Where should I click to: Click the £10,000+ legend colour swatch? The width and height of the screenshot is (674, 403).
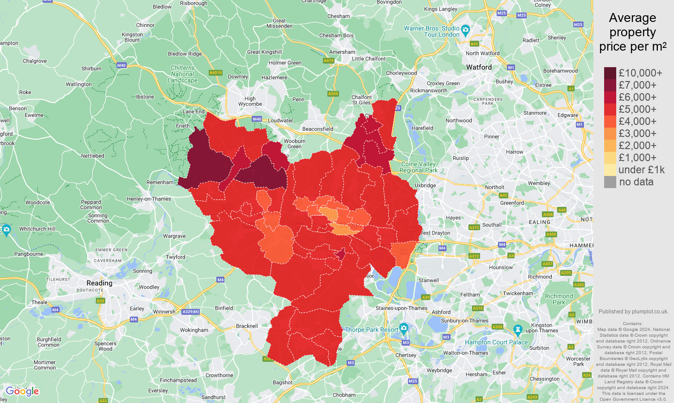pyautogui.click(x=610, y=73)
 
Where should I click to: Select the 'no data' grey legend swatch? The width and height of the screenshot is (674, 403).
pyautogui.click(x=610, y=182)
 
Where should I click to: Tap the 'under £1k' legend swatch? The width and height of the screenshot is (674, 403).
pyautogui.click(x=610, y=170)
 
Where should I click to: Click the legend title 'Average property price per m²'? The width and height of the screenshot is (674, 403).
pyautogui.click(x=632, y=32)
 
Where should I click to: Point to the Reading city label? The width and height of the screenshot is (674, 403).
pyautogui.click(x=99, y=283)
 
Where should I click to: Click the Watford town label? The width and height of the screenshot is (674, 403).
pyautogui.click(x=479, y=67)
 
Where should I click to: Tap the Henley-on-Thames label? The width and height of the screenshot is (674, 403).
pyautogui.click(x=149, y=199)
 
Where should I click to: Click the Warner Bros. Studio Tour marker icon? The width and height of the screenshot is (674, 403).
pyautogui.click(x=465, y=30)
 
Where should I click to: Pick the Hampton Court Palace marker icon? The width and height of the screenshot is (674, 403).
pyautogui.click(x=518, y=330)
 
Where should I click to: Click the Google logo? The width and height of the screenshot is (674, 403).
pyautogui.click(x=22, y=391)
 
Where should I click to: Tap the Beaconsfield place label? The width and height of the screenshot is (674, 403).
pyautogui.click(x=318, y=129)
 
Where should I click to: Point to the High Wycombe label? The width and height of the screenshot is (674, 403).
pyautogui.click(x=250, y=101)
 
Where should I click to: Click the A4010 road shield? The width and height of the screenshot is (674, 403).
pyautogui.click(x=215, y=73)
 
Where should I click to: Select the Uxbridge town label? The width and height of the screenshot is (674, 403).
pyautogui.click(x=425, y=185)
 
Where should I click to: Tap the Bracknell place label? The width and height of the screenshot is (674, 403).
pyautogui.click(x=247, y=326)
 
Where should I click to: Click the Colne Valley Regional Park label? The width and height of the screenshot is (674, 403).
pyautogui.click(x=419, y=167)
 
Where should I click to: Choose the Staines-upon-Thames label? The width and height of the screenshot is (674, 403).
pyautogui.click(x=401, y=308)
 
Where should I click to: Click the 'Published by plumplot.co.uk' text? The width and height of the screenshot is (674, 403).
pyautogui.click(x=633, y=312)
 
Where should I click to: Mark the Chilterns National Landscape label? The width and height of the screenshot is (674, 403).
pyautogui.click(x=182, y=74)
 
